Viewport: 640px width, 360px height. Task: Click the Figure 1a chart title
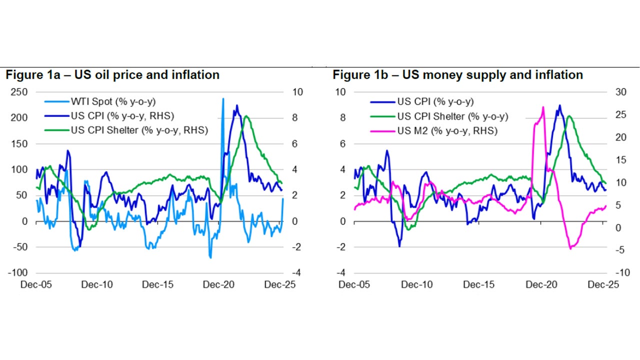tap(112, 75)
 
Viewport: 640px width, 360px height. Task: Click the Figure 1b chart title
tap(458, 75)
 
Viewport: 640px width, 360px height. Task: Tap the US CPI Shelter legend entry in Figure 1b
tap(452, 116)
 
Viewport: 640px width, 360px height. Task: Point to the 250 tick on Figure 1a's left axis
tap(20, 92)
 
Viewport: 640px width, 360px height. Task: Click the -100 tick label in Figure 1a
tap(18, 273)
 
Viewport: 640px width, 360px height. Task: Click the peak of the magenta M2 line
tap(543, 106)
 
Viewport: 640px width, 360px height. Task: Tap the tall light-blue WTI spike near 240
tap(223, 99)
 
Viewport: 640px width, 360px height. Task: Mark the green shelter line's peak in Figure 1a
tap(246, 116)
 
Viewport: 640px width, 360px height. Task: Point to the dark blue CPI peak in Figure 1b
tap(559, 105)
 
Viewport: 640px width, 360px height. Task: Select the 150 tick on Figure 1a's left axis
tap(20, 143)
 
